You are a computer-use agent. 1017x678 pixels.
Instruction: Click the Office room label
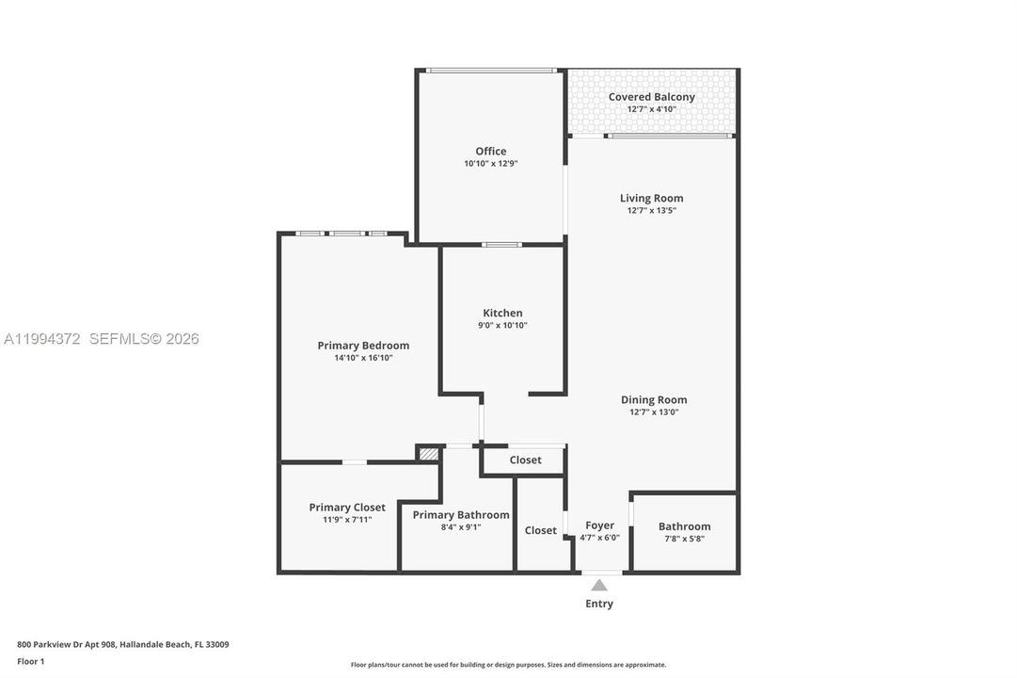pos(490,151)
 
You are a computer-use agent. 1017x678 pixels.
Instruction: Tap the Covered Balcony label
pos(651,97)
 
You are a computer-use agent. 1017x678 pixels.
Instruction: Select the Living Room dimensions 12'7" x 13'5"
pos(651,211)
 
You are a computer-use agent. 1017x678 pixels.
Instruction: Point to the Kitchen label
pos(502,313)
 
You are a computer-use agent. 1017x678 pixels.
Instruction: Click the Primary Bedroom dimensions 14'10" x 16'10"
pos(363,358)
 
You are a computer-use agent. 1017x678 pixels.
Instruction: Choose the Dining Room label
pos(653,399)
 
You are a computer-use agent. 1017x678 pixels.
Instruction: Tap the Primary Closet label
pos(347,507)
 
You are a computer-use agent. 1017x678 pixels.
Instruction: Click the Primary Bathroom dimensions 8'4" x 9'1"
pos(460,527)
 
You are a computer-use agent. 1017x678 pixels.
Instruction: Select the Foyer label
pos(599,525)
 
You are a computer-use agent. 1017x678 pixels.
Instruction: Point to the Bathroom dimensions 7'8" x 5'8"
pos(684,539)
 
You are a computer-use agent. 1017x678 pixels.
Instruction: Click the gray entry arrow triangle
pos(599,585)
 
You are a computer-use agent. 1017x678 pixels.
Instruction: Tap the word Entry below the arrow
pos(599,604)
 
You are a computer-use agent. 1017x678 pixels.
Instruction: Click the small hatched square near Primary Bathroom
pos(428,454)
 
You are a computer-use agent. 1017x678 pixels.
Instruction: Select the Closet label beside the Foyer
pos(540,530)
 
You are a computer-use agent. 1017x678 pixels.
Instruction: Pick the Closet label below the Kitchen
pos(525,460)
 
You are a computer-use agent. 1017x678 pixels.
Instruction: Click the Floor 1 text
pos(30,662)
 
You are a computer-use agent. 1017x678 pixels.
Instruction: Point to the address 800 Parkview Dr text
pos(122,645)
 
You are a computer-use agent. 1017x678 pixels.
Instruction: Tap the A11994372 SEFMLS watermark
pos(102,339)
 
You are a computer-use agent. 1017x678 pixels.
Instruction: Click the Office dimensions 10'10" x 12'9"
pos(490,164)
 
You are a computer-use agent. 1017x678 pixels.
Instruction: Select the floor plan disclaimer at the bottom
pos(508,665)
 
